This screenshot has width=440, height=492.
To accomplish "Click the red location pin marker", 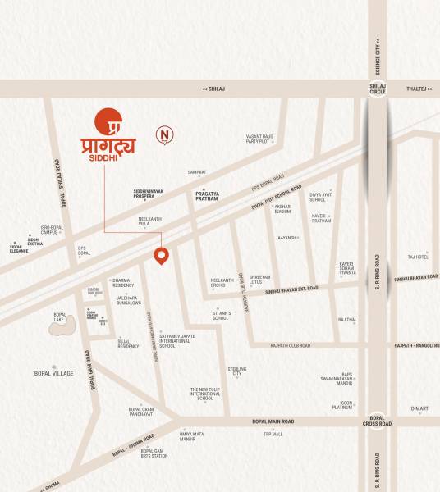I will (163, 256).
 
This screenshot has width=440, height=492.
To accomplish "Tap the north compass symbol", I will (165, 134).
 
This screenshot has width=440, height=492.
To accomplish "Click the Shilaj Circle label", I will (377, 89).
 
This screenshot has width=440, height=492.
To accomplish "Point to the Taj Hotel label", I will (418, 257).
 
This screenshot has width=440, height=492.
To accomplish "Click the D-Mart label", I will (419, 408).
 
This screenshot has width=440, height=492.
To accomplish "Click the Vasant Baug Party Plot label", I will (258, 139).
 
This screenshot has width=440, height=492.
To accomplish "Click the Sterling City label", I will (237, 371).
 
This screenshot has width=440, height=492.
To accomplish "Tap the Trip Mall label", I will (273, 434).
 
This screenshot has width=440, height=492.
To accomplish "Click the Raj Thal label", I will (346, 320).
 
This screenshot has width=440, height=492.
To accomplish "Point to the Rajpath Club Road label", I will (290, 345).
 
